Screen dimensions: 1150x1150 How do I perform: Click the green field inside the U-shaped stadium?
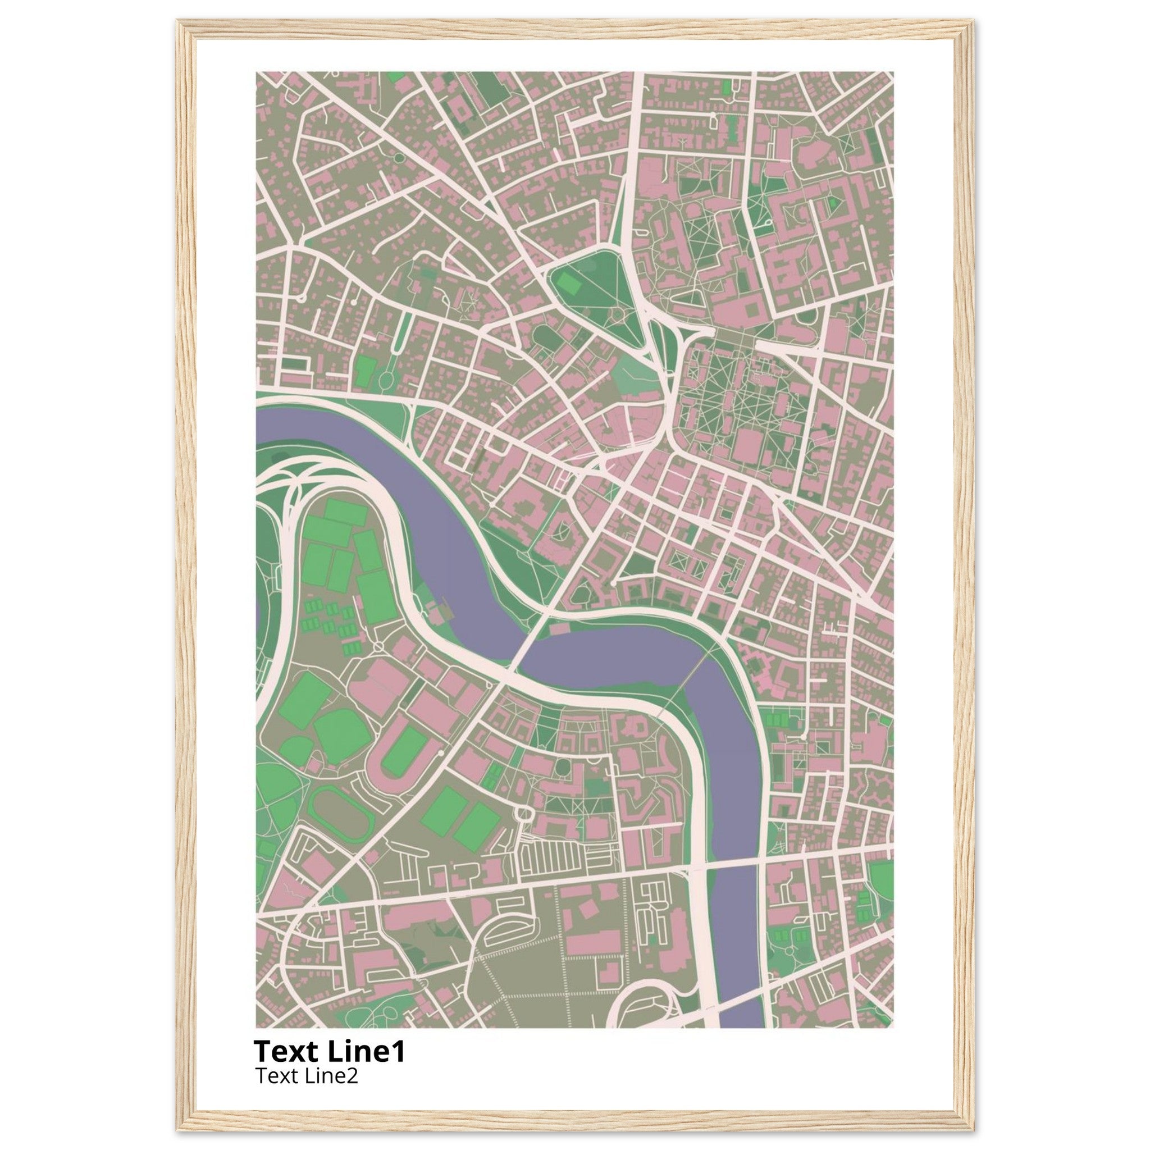pyautogui.click(x=404, y=751)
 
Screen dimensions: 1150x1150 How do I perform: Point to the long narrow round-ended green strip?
pyautogui.click(x=404, y=333)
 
